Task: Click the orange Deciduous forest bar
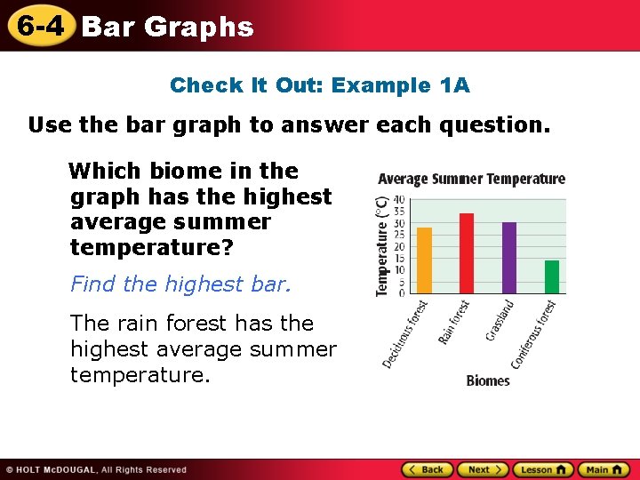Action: tap(425, 260)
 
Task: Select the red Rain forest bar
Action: tap(467, 253)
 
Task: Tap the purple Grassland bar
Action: tap(509, 258)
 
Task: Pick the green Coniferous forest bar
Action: tap(552, 276)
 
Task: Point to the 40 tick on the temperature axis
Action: tap(399, 200)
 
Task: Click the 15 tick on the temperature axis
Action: tap(399, 258)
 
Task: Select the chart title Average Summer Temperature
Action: tap(471, 179)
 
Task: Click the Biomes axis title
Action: tap(488, 380)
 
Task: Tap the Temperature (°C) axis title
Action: tap(381, 246)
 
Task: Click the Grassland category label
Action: tap(499, 320)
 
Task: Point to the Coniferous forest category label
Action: tap(533, 335)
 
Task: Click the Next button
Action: tap(484, 470)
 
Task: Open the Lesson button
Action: tap(543, 470)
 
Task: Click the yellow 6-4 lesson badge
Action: tap(41, 25)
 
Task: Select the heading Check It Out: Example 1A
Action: tap(320, 85)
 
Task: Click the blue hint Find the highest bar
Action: tap(180, 284)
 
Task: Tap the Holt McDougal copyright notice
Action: tap(96, 470)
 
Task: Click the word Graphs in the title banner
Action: tap(199, 28)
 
